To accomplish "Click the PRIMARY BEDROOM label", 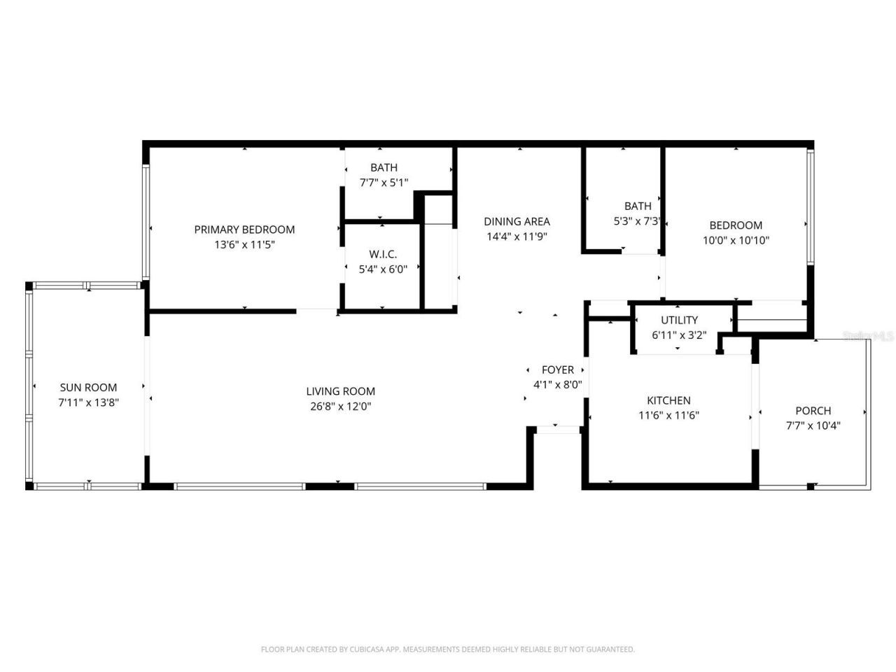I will point(244,230).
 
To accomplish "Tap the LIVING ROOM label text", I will point(340,391).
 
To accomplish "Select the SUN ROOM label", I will point(88,387).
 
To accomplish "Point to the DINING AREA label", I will point(517,222).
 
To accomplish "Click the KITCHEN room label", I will point(668,400).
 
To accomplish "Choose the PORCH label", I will point(813,411).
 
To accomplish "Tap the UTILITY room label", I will point(679,321).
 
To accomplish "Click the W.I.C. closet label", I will point(383,254).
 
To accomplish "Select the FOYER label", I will point(558,370).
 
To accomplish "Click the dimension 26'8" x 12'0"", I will point(340,406).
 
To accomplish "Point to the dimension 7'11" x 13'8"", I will point(88,402).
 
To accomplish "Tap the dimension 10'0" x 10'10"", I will point(736,240).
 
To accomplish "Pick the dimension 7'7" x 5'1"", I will point(384,182).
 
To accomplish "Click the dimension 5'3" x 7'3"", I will point(638,220).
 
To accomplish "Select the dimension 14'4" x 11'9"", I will point(517,237).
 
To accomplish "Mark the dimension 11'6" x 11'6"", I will point(668,415).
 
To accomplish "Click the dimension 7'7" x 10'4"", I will point(813,426).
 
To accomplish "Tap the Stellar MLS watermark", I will point(869,336).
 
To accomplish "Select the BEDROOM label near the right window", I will point(736,225).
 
